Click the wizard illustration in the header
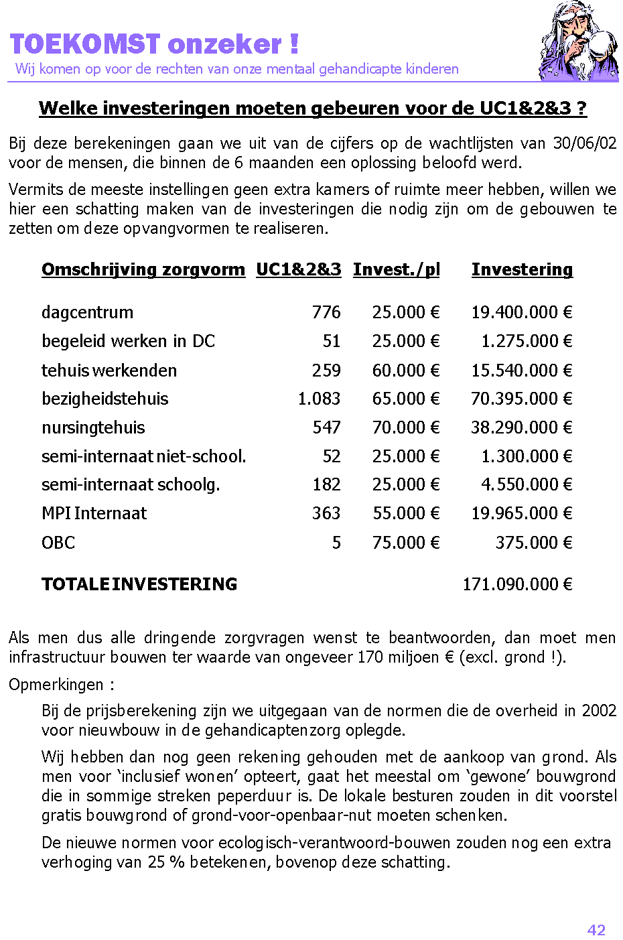(x=577, y=42)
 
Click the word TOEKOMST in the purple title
(x=85, y=44)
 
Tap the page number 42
(x=596, y=929)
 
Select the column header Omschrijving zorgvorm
(x=143, y=269)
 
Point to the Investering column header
(x=522, y=269)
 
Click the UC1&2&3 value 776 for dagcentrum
(x=326, y=312)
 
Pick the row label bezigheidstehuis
(x=105, y=399)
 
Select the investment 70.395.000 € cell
(x=521, y=399)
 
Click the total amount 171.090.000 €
(x=517, y=584)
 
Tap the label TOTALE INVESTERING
(x=139, y=584)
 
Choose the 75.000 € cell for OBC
(x=406, y=543)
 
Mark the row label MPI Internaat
(x=94, y=513)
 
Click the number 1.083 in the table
(x=319, y=399)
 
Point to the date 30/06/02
(x=584, y=143)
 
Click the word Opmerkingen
(x=56, y=685)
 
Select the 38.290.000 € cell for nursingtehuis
(x=521, y=427)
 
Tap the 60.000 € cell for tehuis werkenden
(x=406, y=371)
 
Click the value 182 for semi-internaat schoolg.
(x=326, y=484)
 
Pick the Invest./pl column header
(x=397, y=269)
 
